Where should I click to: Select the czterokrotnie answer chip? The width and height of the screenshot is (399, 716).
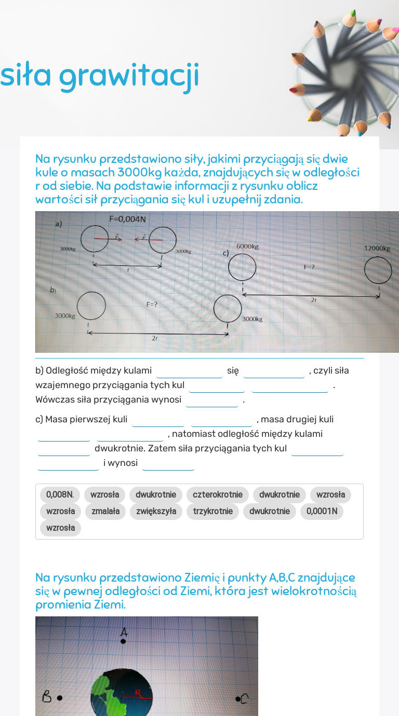pyautogui.click(x=218, y=494)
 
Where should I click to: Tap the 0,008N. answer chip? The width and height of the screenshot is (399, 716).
pyautogui.click(x=60, y=494)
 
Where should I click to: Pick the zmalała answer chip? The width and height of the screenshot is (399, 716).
pyautogui.click(x=105, y=511)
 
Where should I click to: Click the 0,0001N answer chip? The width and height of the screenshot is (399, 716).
pyautogui.click(x=322, y=511)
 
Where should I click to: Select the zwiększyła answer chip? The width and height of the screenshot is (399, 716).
pyautogui.click(x=156, y=511)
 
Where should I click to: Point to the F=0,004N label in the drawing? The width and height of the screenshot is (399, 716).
pyautogui.click(x=127, y=219)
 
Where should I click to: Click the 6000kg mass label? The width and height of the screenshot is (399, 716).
pyautogui.click(x=247, y=246)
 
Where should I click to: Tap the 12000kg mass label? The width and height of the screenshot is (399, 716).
pyautogui.click(x=377, y=248)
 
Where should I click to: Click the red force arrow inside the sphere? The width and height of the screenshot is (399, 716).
pyautogui.click(x=107, y=239)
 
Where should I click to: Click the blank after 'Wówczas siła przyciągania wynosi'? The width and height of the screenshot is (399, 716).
pyautogui.click(x=212, y=401)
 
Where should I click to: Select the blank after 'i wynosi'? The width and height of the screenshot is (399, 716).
pyautogui.click(x=168, y=463)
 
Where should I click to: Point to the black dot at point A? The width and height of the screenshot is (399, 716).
pyautogui.click(x=123, y=641)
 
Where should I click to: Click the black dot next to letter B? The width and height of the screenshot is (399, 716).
pyautogui.click(x=60, y=698)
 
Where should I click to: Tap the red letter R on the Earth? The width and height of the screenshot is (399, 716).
pyautogui.click(x=138, y=692)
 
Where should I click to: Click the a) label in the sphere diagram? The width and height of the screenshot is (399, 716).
pyautogui.click(x=59, y=224)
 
